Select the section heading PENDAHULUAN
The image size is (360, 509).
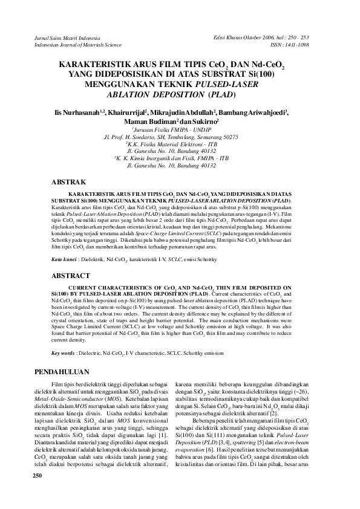[64, 371]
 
